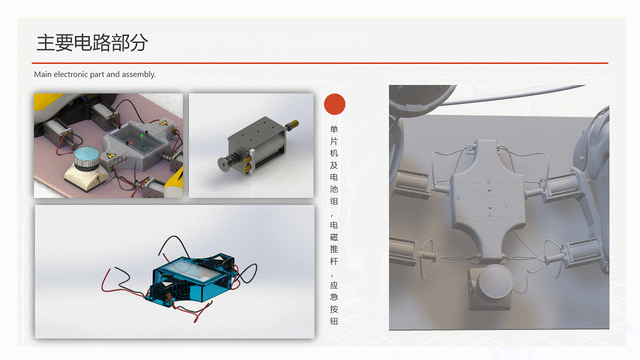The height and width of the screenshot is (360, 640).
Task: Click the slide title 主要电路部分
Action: click(x=92, y=42)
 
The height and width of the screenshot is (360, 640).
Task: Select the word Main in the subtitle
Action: click(x=43, y=74)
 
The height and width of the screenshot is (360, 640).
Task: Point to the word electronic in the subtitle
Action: click(x=70, y=74)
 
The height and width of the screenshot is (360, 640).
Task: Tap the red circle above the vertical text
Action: click(x=334, y=104)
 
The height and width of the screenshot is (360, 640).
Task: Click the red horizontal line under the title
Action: click(x=320, y=63)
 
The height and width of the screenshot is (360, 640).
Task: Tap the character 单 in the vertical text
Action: click(x=334, y=129)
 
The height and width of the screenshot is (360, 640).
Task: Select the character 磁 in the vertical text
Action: click(x=334, y=237)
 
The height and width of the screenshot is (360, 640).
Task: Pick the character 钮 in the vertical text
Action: click(x=334, y=321)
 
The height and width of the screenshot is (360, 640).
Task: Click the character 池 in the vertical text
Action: click(x=334, y=189)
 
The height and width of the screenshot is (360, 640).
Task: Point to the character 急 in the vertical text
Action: click(x=334, y=297)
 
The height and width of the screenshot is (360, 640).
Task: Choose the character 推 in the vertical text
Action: click(x=334, y=249)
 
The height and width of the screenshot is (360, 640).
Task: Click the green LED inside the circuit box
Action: click(x=141, y=135)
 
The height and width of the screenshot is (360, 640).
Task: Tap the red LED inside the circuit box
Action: click(x=131, y=141)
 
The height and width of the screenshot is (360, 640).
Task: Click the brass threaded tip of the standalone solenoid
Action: click(x=293, y=124)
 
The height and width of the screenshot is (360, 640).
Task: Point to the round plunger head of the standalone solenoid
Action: click(x=223, y=165)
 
